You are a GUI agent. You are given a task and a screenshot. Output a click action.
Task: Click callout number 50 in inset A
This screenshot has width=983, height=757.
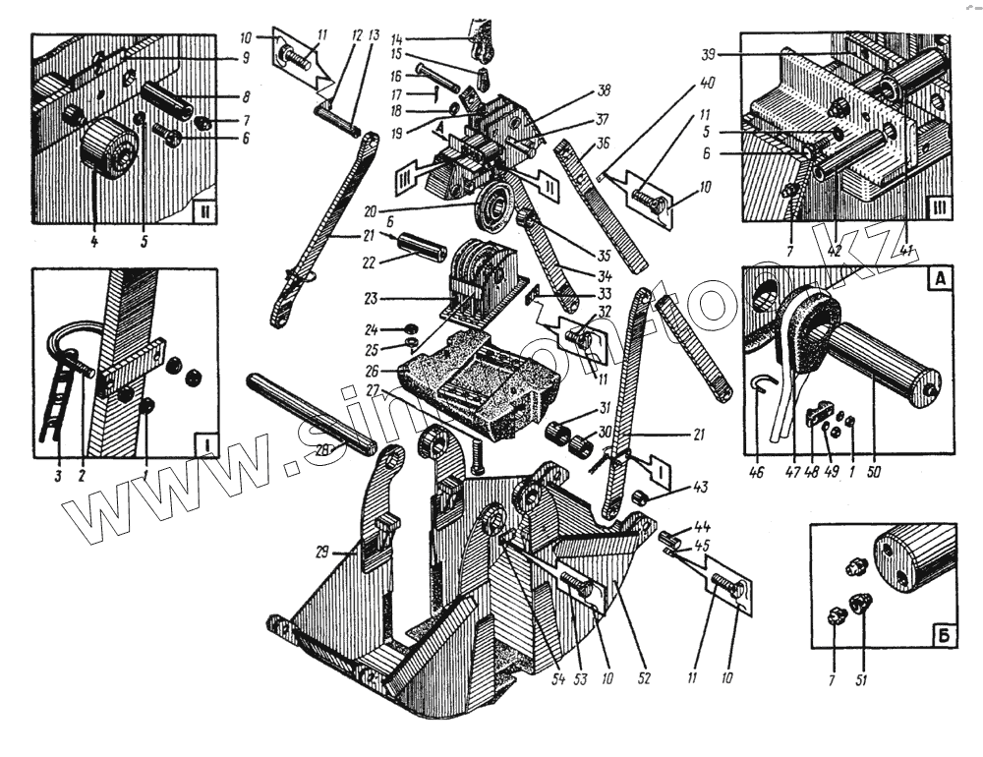[874, 471]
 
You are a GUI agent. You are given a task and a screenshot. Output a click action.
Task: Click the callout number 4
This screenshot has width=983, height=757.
[94, 239]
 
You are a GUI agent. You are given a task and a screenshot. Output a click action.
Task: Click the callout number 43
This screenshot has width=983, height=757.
[670, 486]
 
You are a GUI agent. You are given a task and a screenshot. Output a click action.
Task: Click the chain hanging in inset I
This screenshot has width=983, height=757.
[55, 403]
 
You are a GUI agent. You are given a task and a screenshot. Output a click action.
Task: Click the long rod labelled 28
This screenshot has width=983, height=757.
[311, 412]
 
